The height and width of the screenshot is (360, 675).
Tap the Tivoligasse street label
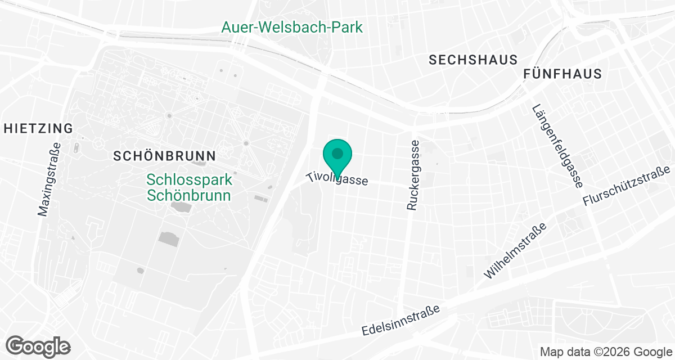coord(337,179)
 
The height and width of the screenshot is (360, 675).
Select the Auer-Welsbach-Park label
coord(292,27)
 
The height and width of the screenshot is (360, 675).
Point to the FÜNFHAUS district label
coord(562,74)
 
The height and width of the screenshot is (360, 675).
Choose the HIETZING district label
coord(38,128)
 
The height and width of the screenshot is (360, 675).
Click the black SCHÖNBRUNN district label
coord(165,156)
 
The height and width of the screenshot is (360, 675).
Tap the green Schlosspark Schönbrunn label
coord(188,188)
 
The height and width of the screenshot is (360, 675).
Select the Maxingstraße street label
coord(49,179)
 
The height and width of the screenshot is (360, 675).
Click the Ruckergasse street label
coord(413,175)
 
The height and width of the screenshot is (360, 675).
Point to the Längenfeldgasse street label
coord(557,146)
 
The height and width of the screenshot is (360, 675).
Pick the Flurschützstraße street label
coord(628,186)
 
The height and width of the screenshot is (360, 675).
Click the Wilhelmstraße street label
coord(515,251)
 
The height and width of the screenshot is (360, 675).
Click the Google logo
coord(38,346)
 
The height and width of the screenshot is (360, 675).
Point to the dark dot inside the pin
coord(337,153)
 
